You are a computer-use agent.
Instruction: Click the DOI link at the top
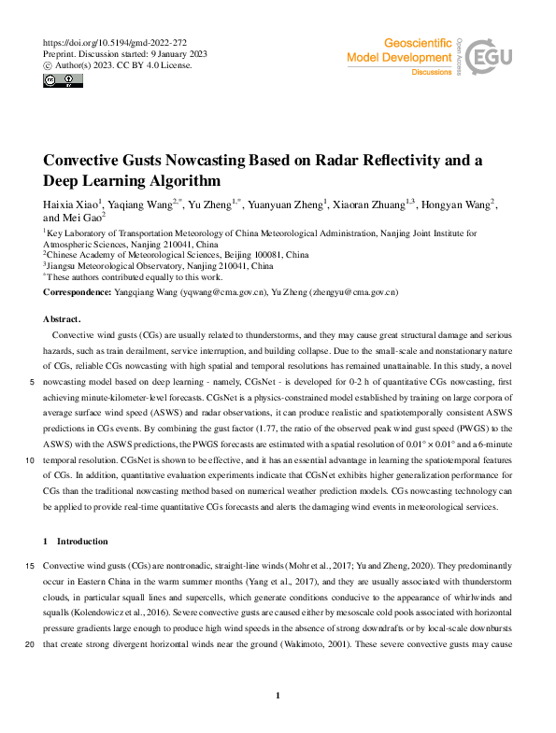pyautogui.click(x=116, y=43)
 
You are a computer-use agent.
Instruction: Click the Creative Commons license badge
pyautogui.click(x=62, y=80)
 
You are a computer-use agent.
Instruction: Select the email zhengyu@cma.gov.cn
pyautogui.click(x=353, y=292)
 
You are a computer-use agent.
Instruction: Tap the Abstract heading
pyautogui.click(x=62, y=318)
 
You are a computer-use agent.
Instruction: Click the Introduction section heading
pyautogui.click(x=82, y=542)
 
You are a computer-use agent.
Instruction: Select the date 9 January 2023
pyautogui.click(x=174, y=54)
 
